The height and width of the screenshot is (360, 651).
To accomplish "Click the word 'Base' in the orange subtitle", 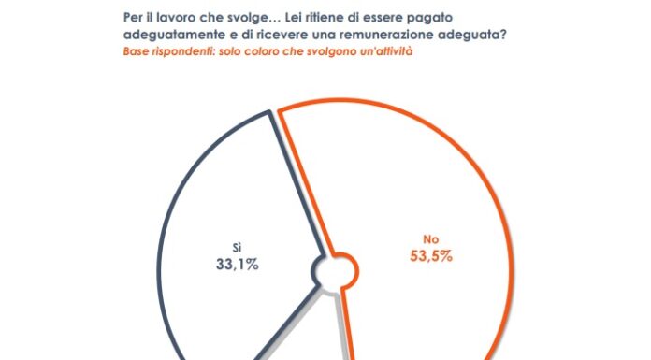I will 137,51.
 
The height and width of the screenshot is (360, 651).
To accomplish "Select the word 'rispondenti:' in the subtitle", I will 189,51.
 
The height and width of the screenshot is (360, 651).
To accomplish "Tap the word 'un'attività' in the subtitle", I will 383,51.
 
